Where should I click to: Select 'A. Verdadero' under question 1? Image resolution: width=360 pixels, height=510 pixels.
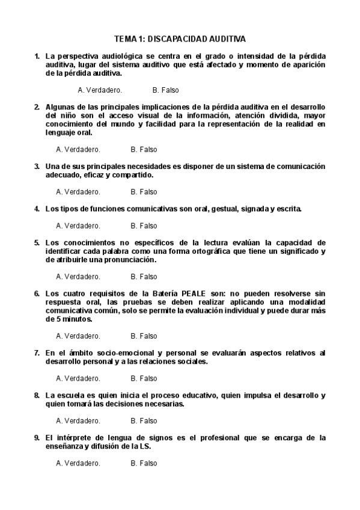[100, 90]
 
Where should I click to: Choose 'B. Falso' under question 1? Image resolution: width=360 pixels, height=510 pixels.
[165, 90]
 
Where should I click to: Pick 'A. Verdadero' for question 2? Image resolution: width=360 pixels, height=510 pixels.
[78, 149]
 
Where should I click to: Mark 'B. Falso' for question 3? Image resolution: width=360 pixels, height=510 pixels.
[144, 192]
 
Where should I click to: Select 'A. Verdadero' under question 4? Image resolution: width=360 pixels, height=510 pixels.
[78, 226]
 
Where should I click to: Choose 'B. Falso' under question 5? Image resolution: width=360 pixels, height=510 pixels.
[144, 277]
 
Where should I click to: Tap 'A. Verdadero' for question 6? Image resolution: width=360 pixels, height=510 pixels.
[78, 336]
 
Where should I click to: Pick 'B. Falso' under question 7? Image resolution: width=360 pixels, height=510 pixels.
[144, 379]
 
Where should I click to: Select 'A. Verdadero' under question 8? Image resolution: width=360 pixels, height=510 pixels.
[78, 421]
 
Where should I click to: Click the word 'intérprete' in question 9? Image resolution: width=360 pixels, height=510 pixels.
[79, 438]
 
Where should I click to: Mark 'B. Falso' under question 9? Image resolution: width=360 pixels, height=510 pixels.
[144, 464]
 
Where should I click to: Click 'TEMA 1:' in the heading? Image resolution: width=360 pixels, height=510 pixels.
[129, 39]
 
